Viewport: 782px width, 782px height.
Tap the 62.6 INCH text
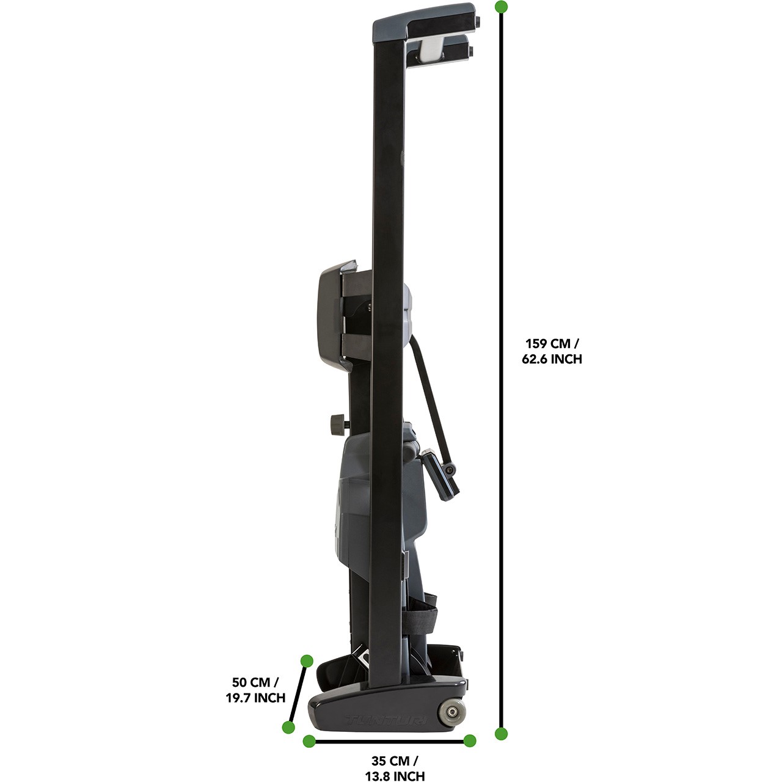click(552, 359)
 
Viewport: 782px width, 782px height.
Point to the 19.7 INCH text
click(255, 698)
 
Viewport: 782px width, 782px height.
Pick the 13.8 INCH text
click(395, 775)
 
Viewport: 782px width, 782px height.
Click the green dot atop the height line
click(502, 7)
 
